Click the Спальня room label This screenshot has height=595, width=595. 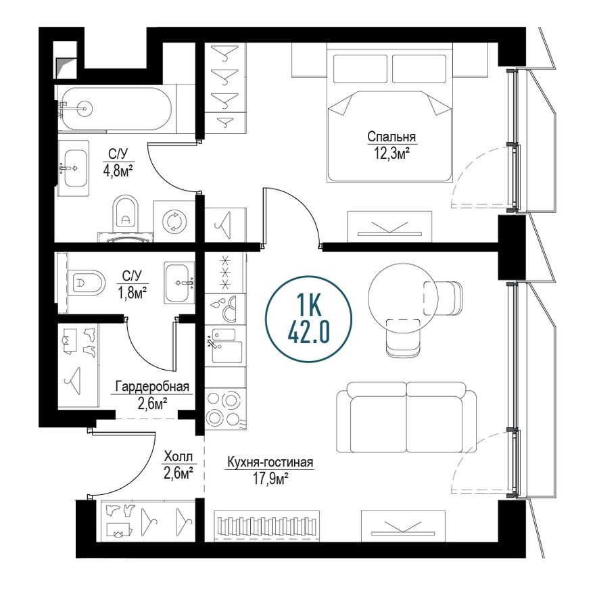point(391,137)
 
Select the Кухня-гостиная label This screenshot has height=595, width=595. point(270,462)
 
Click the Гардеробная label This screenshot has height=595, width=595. point(152,387)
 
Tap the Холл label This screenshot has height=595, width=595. point(178,456)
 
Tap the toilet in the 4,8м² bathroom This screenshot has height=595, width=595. point(124,214)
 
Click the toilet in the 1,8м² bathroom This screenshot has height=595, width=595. point(86,283)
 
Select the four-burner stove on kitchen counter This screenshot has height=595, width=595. point(223,408)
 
